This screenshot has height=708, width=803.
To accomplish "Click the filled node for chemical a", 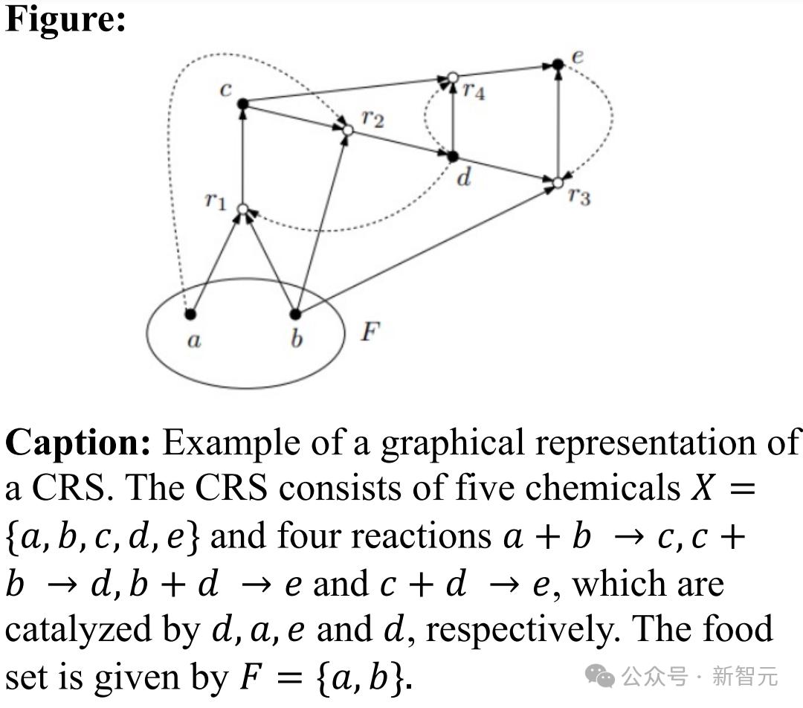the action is tap(190, 314).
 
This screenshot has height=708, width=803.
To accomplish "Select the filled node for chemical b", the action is tap(295, 314).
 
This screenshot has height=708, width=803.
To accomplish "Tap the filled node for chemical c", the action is tap(242, 104).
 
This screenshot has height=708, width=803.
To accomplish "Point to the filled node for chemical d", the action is tap(453, 156).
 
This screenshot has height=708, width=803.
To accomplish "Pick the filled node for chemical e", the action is tap(558, 65).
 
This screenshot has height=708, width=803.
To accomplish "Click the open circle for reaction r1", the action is tap(242, 209).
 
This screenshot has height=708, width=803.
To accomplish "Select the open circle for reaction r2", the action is tap(348, 130).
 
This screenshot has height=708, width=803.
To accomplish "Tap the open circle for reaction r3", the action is tap(558, 182).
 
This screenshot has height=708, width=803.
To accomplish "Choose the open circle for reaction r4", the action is tap(453, 78).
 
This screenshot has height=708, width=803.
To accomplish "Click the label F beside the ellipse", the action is tap(370, 332).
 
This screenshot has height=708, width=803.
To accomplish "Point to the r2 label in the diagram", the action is tap(373, 119).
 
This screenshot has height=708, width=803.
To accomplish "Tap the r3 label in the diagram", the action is tap(579, 196).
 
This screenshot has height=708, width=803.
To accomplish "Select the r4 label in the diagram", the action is tap(474, 91).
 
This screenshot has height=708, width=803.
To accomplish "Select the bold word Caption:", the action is tap(78, 442).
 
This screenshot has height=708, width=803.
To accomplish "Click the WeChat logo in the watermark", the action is tap(600, 676).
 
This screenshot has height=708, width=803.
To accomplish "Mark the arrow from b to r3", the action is tap(427, 248).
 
